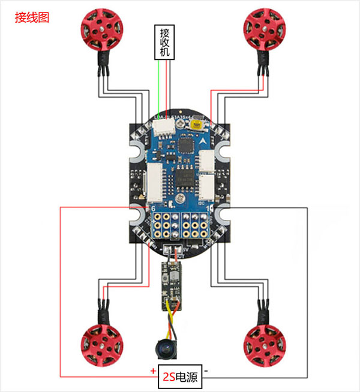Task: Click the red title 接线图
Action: pyautogui.click(x=32, y=19)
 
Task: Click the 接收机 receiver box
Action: pyautogui.click(x=164, y=43)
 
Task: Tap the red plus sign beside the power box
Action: pyautogui.click(x=146, y=372)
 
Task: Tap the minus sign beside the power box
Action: pyautogui.click(x=206, y=372)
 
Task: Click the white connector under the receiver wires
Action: pyautogui.click(x=163, y=127)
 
